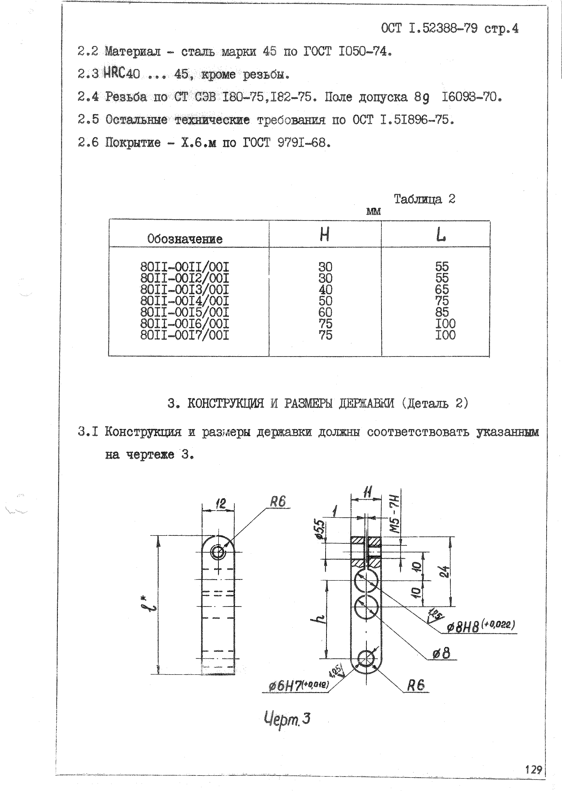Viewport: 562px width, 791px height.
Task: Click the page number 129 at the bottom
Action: tap(533, 770)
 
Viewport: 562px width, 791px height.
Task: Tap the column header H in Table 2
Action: tap(325, 235)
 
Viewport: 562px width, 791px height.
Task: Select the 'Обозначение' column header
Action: tap(185, 239)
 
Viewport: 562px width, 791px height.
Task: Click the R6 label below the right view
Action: tap(415, 685)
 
